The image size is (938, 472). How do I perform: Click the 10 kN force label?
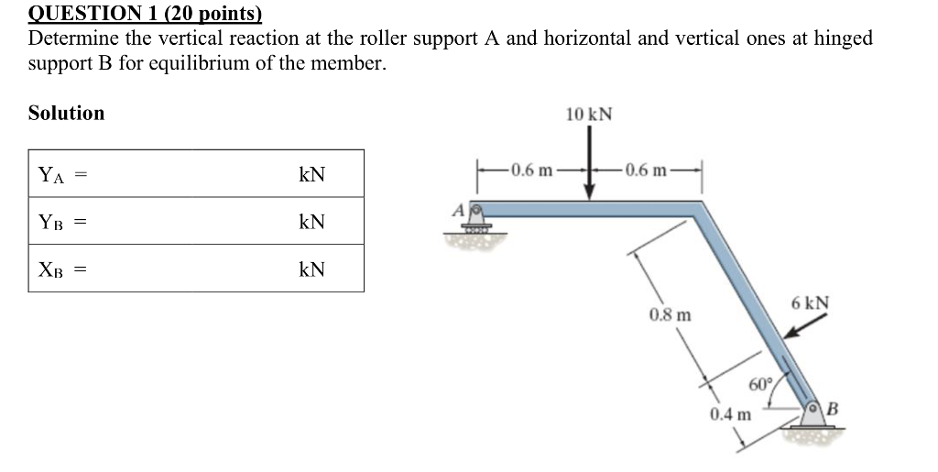(x=589, y=115)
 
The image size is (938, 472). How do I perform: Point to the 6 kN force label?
(x=811, y=302)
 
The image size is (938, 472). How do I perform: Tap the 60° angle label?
(x=761, y=383)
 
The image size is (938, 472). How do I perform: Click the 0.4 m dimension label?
(x=730, y=413)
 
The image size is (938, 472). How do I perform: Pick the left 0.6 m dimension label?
(x=532, y=170)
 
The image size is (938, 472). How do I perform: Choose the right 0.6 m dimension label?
(x=646, y=170)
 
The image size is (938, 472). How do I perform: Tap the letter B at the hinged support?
(x=833, y=408)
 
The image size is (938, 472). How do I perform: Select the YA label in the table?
(x=51, y=174)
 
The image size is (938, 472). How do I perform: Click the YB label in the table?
(x=51, y=222)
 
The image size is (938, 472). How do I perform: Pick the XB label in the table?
(x=51, y=269)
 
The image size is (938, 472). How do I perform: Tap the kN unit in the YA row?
(x=311, y=174)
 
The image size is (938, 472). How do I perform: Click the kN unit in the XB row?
(x=311, y=269)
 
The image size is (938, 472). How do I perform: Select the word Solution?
(x=66, y=113)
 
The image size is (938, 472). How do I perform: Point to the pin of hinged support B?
(x=813, y=407)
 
